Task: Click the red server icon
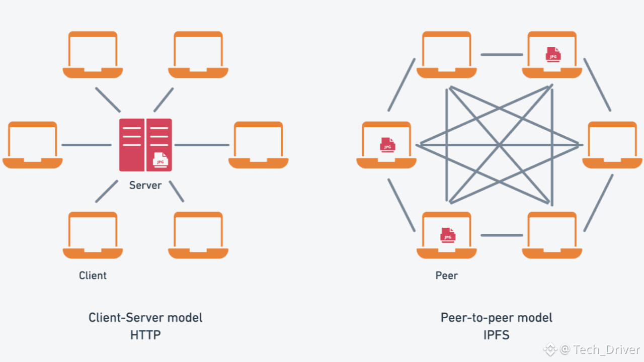(145, 145)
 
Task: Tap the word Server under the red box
(145, 185)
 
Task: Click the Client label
(93, 276)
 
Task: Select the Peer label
(447, 276)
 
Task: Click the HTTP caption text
(145, 334)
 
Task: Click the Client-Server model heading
(145, 318)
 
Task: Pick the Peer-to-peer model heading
(496, 318)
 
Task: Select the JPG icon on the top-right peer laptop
(553, 54)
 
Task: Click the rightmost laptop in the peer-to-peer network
(612, 145)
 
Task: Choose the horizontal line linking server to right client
(202, 145)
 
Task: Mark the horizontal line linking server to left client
(87, 145)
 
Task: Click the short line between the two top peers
(502, 54)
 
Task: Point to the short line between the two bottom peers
(502, 235)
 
